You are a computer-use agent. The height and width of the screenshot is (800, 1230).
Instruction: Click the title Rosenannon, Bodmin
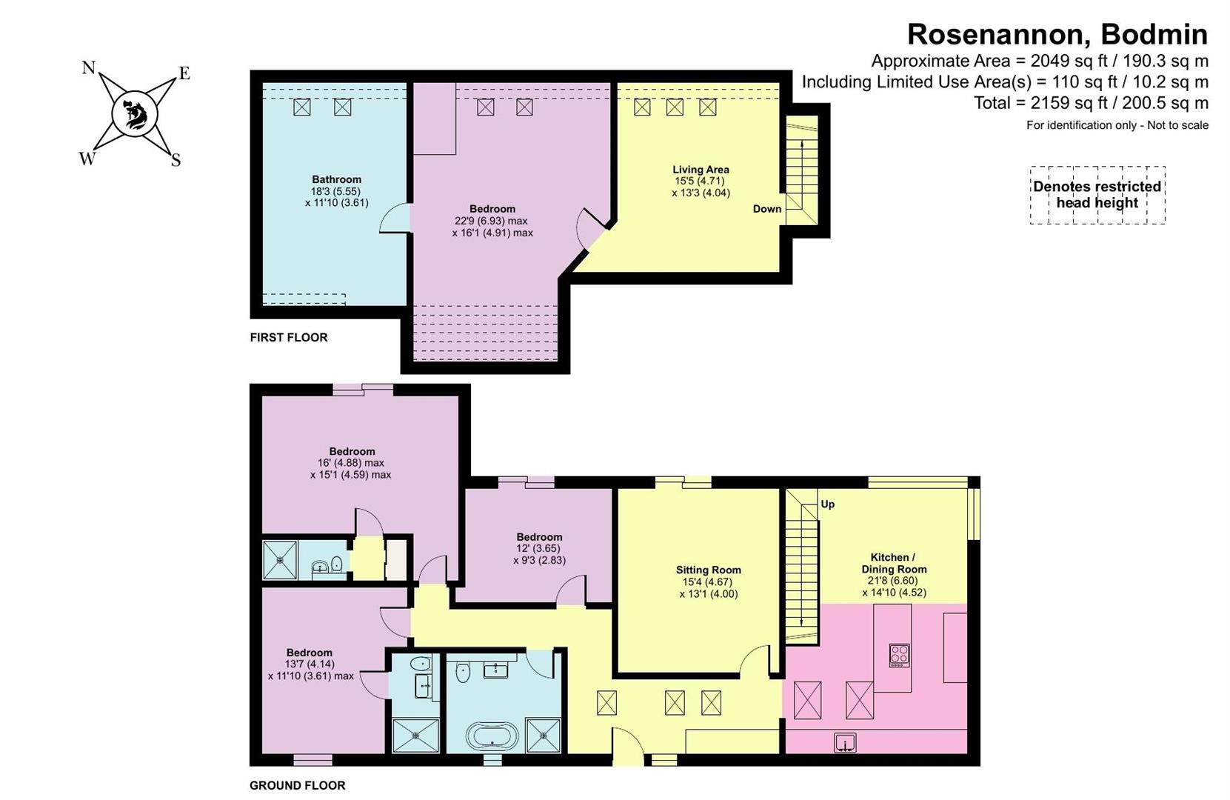coord(1057,35)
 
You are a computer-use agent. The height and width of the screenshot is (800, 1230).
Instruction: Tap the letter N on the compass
coord(88,67)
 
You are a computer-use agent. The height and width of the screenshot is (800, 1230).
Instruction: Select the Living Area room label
coord(701,170)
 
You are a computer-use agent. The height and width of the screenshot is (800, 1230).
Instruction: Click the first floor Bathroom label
coord(337,179)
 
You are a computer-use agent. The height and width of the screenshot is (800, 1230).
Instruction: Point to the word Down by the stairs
coord(767,209)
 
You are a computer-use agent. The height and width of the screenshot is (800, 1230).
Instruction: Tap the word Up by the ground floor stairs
coord(827,504)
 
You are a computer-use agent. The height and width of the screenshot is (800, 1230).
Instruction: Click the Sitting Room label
coord(709,570)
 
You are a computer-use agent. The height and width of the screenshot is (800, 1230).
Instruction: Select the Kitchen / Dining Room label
coord(894,563)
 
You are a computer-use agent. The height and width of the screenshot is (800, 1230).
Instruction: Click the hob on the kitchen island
coord(900,656)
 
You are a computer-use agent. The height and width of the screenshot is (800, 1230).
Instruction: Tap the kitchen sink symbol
coord(844,742)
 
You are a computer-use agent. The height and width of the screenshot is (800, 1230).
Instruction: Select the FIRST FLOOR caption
coord(289,337)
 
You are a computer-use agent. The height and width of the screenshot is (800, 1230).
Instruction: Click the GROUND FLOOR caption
coord(298,785)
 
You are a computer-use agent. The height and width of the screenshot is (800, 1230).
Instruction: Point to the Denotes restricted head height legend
coord(1097,195)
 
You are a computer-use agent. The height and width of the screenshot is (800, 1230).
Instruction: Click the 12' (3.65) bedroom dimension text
coord(539,548)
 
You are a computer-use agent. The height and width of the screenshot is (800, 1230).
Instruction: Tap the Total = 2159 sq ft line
coord(1091,103)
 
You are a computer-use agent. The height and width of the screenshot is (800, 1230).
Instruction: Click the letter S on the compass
coord(176,161)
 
